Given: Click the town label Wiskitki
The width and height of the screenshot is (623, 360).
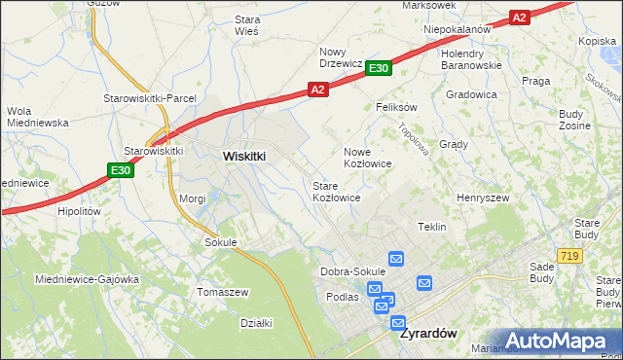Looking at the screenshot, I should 244,156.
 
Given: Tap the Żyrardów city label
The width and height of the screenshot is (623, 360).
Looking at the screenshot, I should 428,332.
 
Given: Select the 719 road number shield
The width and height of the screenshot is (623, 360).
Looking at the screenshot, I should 570,256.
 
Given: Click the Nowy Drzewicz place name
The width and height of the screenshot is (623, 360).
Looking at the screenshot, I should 341,57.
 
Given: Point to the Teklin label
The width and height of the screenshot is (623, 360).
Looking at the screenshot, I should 431,227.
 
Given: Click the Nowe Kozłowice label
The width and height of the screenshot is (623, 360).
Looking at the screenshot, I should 368,158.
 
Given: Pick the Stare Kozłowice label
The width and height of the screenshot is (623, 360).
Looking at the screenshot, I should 336,191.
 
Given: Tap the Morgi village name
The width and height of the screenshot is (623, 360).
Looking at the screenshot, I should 192,198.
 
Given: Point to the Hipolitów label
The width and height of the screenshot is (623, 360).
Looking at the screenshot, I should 80,210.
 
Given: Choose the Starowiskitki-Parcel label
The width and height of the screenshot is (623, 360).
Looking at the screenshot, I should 151,99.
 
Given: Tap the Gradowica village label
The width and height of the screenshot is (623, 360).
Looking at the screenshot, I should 471,94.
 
